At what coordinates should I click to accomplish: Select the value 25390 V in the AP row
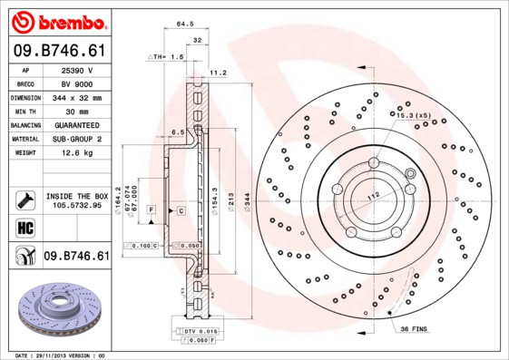point(76,69)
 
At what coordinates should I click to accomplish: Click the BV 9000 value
point(76,83)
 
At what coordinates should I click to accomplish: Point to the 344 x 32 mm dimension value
point(76,97)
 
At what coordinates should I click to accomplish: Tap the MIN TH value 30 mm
point(76,111)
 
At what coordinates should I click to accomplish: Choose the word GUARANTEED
point(76,125)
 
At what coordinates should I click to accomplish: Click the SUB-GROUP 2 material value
point(76,139)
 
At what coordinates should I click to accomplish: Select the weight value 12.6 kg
point(76,153)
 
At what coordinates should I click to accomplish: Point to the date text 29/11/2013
point(57,355)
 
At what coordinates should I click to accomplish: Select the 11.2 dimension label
point(218,72)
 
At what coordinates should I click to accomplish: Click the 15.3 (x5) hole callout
point(413,116)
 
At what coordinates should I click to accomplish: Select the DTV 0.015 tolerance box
point(201,332)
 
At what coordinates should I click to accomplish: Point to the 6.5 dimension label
point(178,132)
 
